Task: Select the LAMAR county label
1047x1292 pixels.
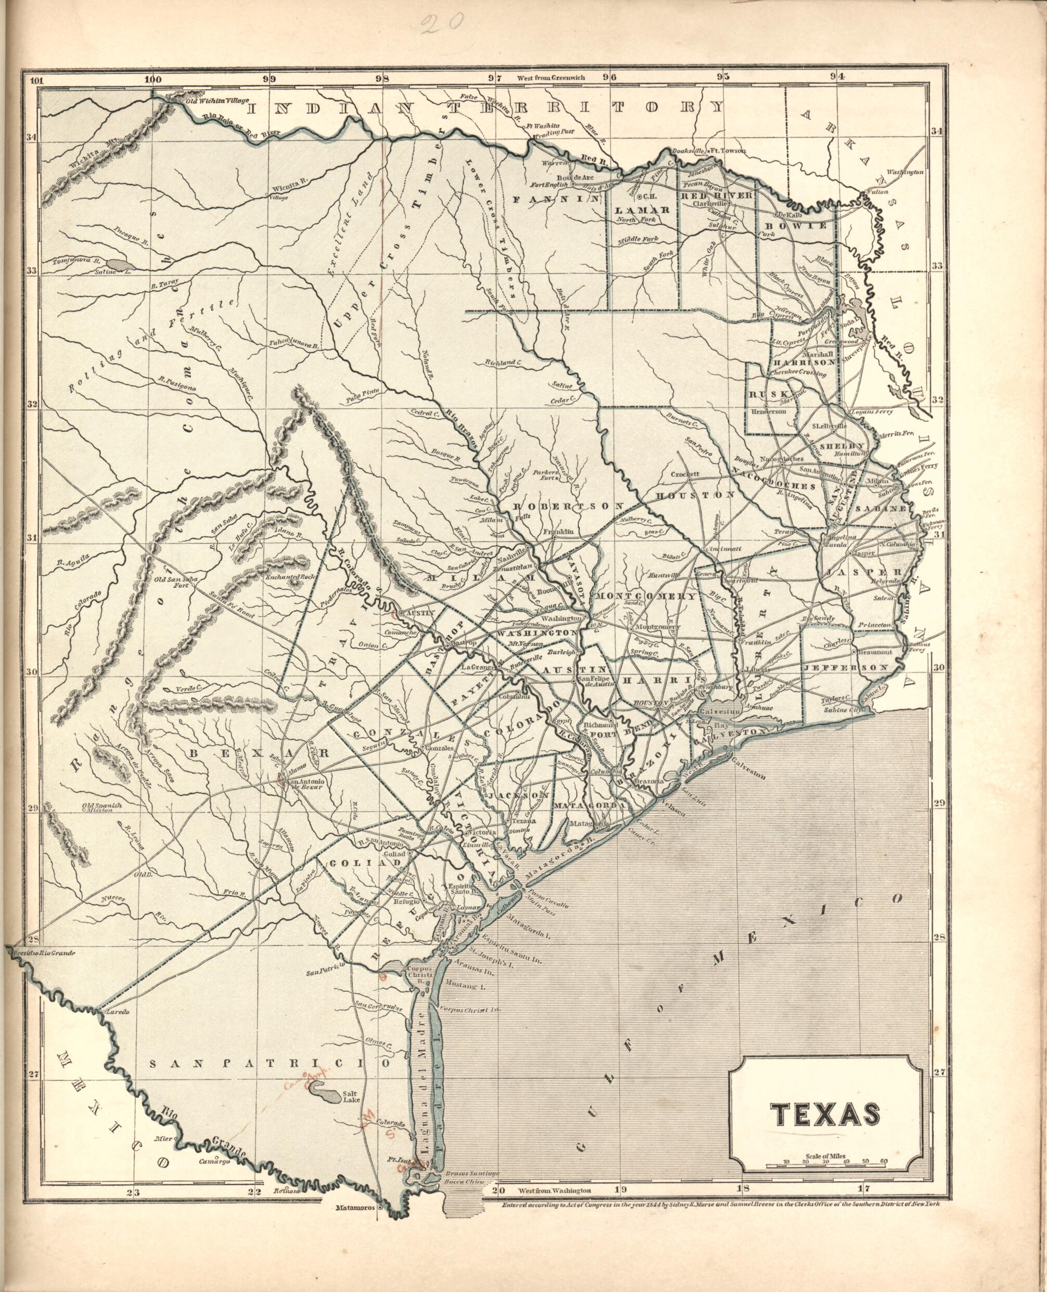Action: pyautogui.click(x=643, y=210)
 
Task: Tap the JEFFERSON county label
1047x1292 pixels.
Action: pyautogui.click(x=846, y=668)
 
